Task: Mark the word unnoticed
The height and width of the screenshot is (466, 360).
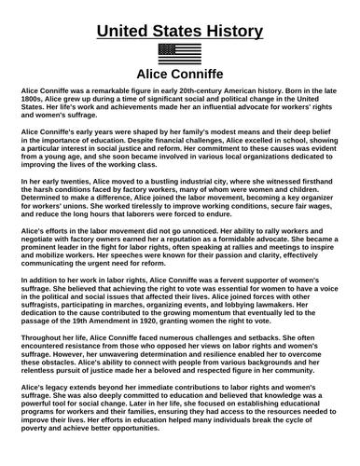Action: click(x=212, y=229)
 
